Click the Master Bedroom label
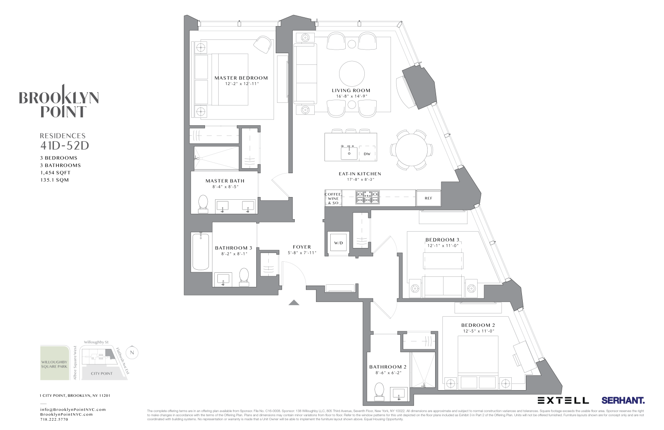click(x=241, y=78)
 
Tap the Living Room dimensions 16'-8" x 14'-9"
click(x=351, y=96)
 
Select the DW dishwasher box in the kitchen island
click(x=367, y=154)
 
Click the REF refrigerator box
click(x=428, y=198)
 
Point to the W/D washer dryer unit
click(x=338, y=243)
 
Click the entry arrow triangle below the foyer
click(x=294, y=302)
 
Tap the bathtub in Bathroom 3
click(x=201, y=252)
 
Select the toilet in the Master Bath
click(x=203, y=203)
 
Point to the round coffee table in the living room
click(x=352, y=74)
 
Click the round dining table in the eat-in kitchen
click(x=412, y=150)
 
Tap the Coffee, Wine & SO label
click(x=333, y=198)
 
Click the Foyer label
click(x=302, y=247)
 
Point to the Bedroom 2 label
click(x=478, y=325)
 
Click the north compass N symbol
click(x=131, y=353)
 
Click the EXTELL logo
click(x=563, y=400)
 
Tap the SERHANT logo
click(x=622, y=400)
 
